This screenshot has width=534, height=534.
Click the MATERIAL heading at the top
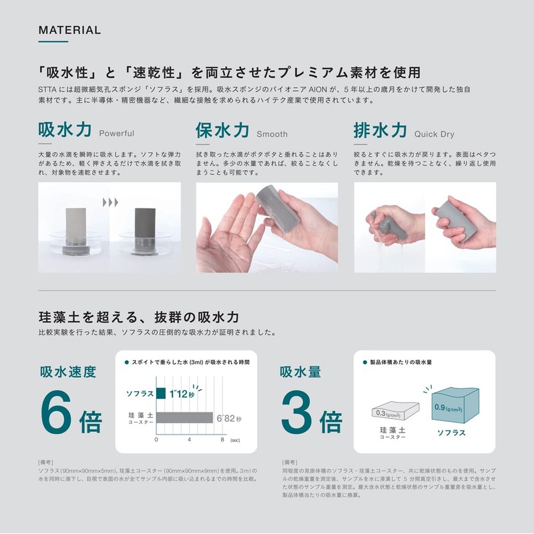[x=69, y=30]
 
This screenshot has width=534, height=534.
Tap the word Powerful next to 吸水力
[x=116, y=133]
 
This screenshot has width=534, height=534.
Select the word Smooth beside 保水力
[x=272, y=133]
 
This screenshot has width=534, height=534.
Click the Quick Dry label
[x=434, y=133]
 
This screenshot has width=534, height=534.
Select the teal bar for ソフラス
[x=161, y=392]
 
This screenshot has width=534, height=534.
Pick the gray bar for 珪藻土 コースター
[x=184, y=419]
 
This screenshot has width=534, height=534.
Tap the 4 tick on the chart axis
[x=190, y=440]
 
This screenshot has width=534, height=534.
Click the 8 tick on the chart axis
[x=222, y=440]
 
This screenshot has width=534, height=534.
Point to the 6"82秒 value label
[x=229, y=419]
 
